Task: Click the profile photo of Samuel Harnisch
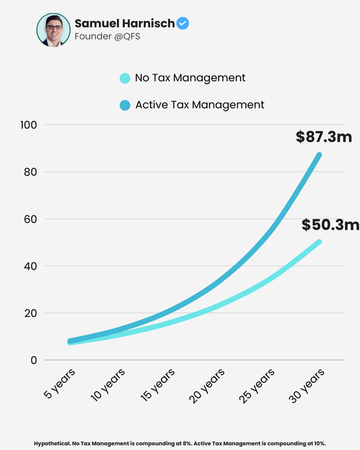click(53, 30)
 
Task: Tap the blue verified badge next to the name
click(182, 24)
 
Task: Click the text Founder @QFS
click(107, 36)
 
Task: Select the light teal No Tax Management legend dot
click(124, 78)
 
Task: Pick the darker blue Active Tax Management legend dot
click(124, 105)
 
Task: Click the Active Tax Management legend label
click(199, 105)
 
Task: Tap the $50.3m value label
click(330, 224)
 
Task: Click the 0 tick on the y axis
click(32, 360)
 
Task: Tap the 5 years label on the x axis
click(59, 384)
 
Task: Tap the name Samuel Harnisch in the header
click(124, 24)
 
